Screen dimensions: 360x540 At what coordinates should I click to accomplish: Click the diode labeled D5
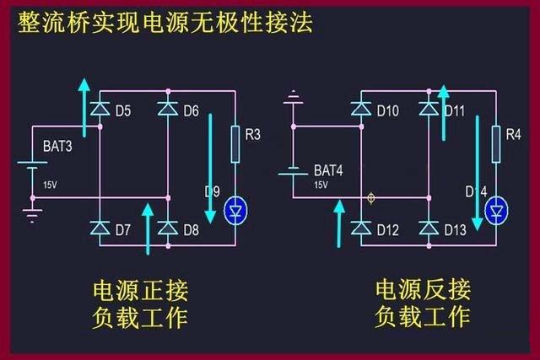click(100, 109)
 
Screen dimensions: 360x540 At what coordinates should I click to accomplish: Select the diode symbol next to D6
click(167, 109)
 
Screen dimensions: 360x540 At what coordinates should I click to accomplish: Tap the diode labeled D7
click(100, 228)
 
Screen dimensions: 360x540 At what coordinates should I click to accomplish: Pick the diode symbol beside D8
click(167, 228)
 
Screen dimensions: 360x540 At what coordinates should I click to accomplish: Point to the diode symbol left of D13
click(428, 228)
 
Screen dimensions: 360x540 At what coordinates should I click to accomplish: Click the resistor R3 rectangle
click(235, 136)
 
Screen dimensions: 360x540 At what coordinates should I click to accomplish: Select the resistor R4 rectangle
click(496, 136)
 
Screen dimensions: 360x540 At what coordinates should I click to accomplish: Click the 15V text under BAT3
click(50, 185)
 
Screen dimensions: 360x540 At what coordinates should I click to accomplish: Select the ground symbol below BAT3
click(32, 214)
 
